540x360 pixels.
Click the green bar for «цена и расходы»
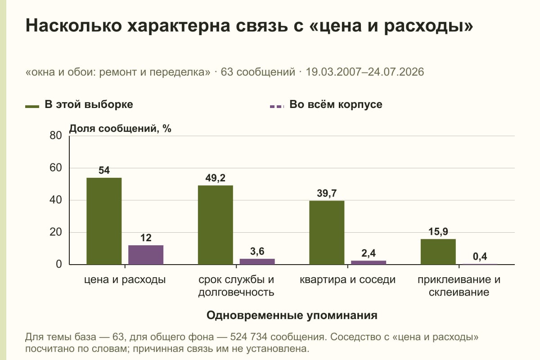coord(104,221)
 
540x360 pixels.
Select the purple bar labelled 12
coord(146,255)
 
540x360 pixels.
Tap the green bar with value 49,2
coord(216,225)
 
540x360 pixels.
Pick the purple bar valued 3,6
coord(257,261)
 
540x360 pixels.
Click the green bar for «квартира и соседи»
coord(327,233)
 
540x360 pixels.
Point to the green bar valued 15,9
coord(438,252)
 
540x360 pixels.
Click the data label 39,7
coord(327,193)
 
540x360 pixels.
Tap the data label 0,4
coord(480,256)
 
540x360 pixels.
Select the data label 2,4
coord(369,253)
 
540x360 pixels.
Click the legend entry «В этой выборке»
coord(79,105)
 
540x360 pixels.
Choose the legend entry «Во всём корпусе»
coord(326,105)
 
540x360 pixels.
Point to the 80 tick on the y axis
coord(56,135)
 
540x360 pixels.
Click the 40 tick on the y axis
coord(56,200)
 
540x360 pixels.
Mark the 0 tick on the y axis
coord(59,265)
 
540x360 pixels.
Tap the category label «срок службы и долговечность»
coord(236,286)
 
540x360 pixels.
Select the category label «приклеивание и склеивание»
coord(459,286)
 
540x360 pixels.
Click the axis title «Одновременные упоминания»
coord(292,315)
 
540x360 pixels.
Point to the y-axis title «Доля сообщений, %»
coord(120,129)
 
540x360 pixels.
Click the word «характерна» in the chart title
coord(179,26)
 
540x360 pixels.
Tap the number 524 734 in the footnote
coord(248,337)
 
